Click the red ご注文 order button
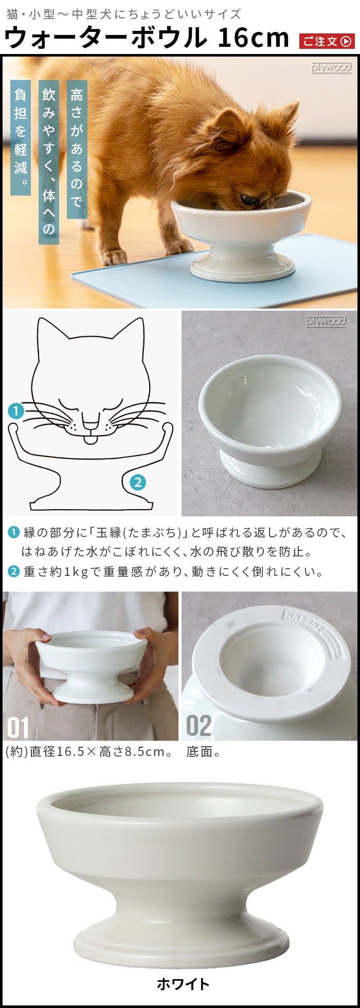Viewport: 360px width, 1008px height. [327, 41]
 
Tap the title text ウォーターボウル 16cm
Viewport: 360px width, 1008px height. [147, 38]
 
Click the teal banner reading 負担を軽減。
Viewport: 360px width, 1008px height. [21, 137]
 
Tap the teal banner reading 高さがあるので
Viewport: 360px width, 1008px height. [77, 149]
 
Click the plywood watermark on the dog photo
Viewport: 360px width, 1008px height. [331, 67]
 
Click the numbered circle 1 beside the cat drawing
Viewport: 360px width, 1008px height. [16, 411]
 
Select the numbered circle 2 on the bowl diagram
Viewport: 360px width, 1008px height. [137, 482]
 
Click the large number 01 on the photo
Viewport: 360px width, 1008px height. [18, 727]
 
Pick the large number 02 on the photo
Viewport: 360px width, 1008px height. [199, 726]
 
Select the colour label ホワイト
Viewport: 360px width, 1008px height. [183, 984]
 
